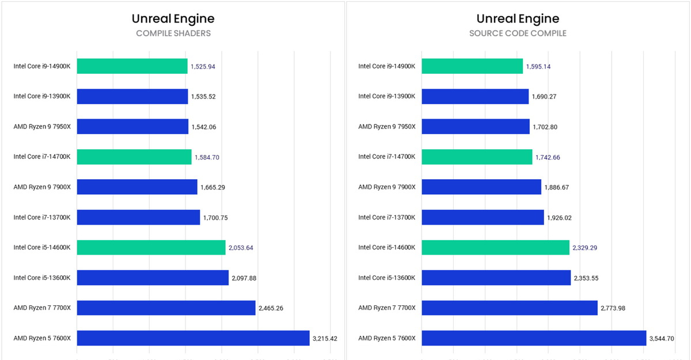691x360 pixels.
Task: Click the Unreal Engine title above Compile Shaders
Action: [173, 18]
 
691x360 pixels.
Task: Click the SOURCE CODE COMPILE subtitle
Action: [518, 33]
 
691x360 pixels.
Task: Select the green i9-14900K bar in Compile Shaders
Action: [132, 66]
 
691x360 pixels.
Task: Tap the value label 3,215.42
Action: [325, 338]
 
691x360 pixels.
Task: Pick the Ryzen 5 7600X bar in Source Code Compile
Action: [534, 338]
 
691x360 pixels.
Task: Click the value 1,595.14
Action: [538, 66]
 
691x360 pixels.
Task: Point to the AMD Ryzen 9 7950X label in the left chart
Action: [42, 127]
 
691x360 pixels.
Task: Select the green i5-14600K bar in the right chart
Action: [495, 248]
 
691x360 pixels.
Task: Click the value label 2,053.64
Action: [241, 248]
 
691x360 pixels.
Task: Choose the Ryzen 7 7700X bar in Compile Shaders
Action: [166, 308]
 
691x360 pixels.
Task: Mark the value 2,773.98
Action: [613, 308]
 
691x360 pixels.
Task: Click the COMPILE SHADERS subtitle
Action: [173, 33]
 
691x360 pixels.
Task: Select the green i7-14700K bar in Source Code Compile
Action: [477, 157]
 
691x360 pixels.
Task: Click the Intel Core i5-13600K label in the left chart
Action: [42, 278]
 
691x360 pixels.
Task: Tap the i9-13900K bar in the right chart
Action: [475, 96]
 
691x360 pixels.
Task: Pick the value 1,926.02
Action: [559, 218]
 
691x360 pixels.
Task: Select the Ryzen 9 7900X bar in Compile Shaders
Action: [137, 187]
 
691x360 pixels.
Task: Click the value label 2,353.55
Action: [586, 278]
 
